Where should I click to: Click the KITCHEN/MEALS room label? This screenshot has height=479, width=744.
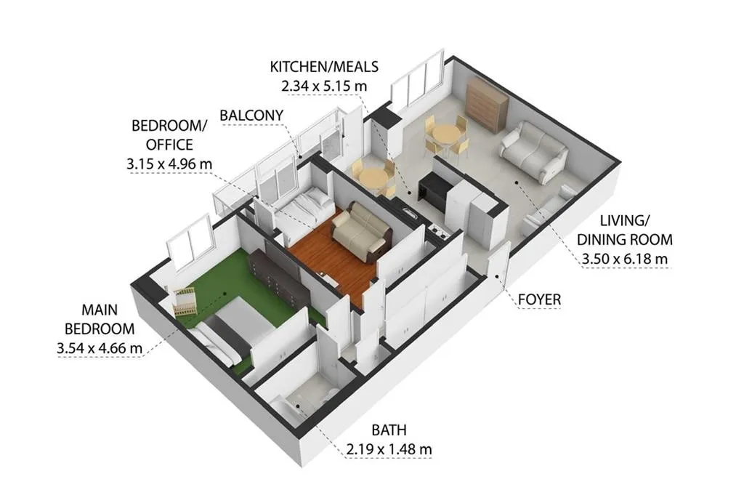coord(324,67)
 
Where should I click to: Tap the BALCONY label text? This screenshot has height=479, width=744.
coord(251,116)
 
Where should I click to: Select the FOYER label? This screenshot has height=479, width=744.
coord(540,299)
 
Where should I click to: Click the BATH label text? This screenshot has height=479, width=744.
coord(389,430)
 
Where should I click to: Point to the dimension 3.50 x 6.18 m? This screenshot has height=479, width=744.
coord(624,258)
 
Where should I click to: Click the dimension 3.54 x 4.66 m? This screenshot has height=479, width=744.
coord(99,348)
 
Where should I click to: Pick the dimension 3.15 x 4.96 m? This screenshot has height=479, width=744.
coord(169,164)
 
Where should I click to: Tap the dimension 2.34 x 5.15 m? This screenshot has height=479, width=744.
coord(324,86)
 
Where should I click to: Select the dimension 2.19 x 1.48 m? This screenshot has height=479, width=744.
coord(389,449)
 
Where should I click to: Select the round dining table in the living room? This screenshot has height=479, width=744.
coord(446,135)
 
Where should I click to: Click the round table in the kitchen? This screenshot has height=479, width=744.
coord(373,178)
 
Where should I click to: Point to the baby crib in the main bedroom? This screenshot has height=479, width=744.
coord(186,300)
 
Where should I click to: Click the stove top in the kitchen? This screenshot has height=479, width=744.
coord(438,231)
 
